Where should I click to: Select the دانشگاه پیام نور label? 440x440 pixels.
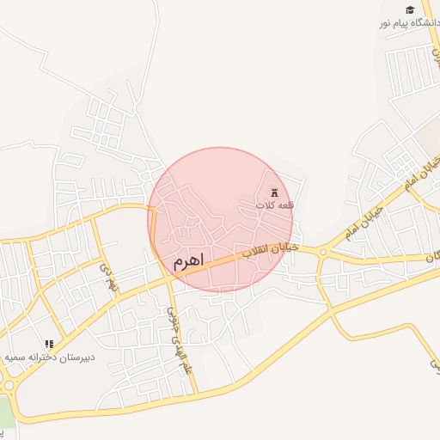pos(409,23)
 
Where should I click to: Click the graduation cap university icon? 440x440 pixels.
pos(410,9)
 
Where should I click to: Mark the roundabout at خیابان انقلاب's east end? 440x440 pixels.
pos(323,253)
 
